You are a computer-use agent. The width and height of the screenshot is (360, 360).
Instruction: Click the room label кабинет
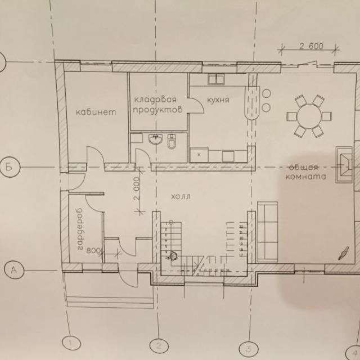[96, 112]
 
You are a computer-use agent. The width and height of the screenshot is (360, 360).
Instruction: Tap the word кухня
[218, 100]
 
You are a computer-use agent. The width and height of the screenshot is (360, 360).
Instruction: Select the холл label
[181, 197]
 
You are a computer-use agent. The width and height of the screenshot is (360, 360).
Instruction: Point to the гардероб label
[80, 229]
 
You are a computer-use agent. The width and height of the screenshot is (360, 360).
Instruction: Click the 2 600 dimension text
[311, 46]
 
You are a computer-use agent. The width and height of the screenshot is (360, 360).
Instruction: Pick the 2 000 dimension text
[136, 189]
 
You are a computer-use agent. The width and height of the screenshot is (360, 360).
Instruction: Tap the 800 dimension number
[92, 251]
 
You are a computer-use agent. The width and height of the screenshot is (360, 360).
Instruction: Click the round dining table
[309, 116]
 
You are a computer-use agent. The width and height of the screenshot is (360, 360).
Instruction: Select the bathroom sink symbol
[156, 139]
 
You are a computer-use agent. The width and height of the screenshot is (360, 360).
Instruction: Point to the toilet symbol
[172, 141]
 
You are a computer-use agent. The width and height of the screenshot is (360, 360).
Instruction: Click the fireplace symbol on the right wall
[344, 165]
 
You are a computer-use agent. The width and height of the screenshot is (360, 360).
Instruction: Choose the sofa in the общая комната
[268, 232]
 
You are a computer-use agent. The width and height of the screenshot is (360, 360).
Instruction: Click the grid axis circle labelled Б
[10, 167]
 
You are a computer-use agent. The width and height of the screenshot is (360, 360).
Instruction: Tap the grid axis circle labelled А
[14, 270]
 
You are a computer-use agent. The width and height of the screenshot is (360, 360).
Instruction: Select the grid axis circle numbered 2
[159, 346]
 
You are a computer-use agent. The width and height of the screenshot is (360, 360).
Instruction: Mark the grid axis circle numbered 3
[249, 349]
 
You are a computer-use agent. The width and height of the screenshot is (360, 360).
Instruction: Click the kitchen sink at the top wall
[216, 79]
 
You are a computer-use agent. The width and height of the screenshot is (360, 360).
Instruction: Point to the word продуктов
[157, 110]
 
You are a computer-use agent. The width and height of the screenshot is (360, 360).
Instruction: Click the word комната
[305, 177]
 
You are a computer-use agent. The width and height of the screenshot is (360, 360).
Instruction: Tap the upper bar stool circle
[266, 93]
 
